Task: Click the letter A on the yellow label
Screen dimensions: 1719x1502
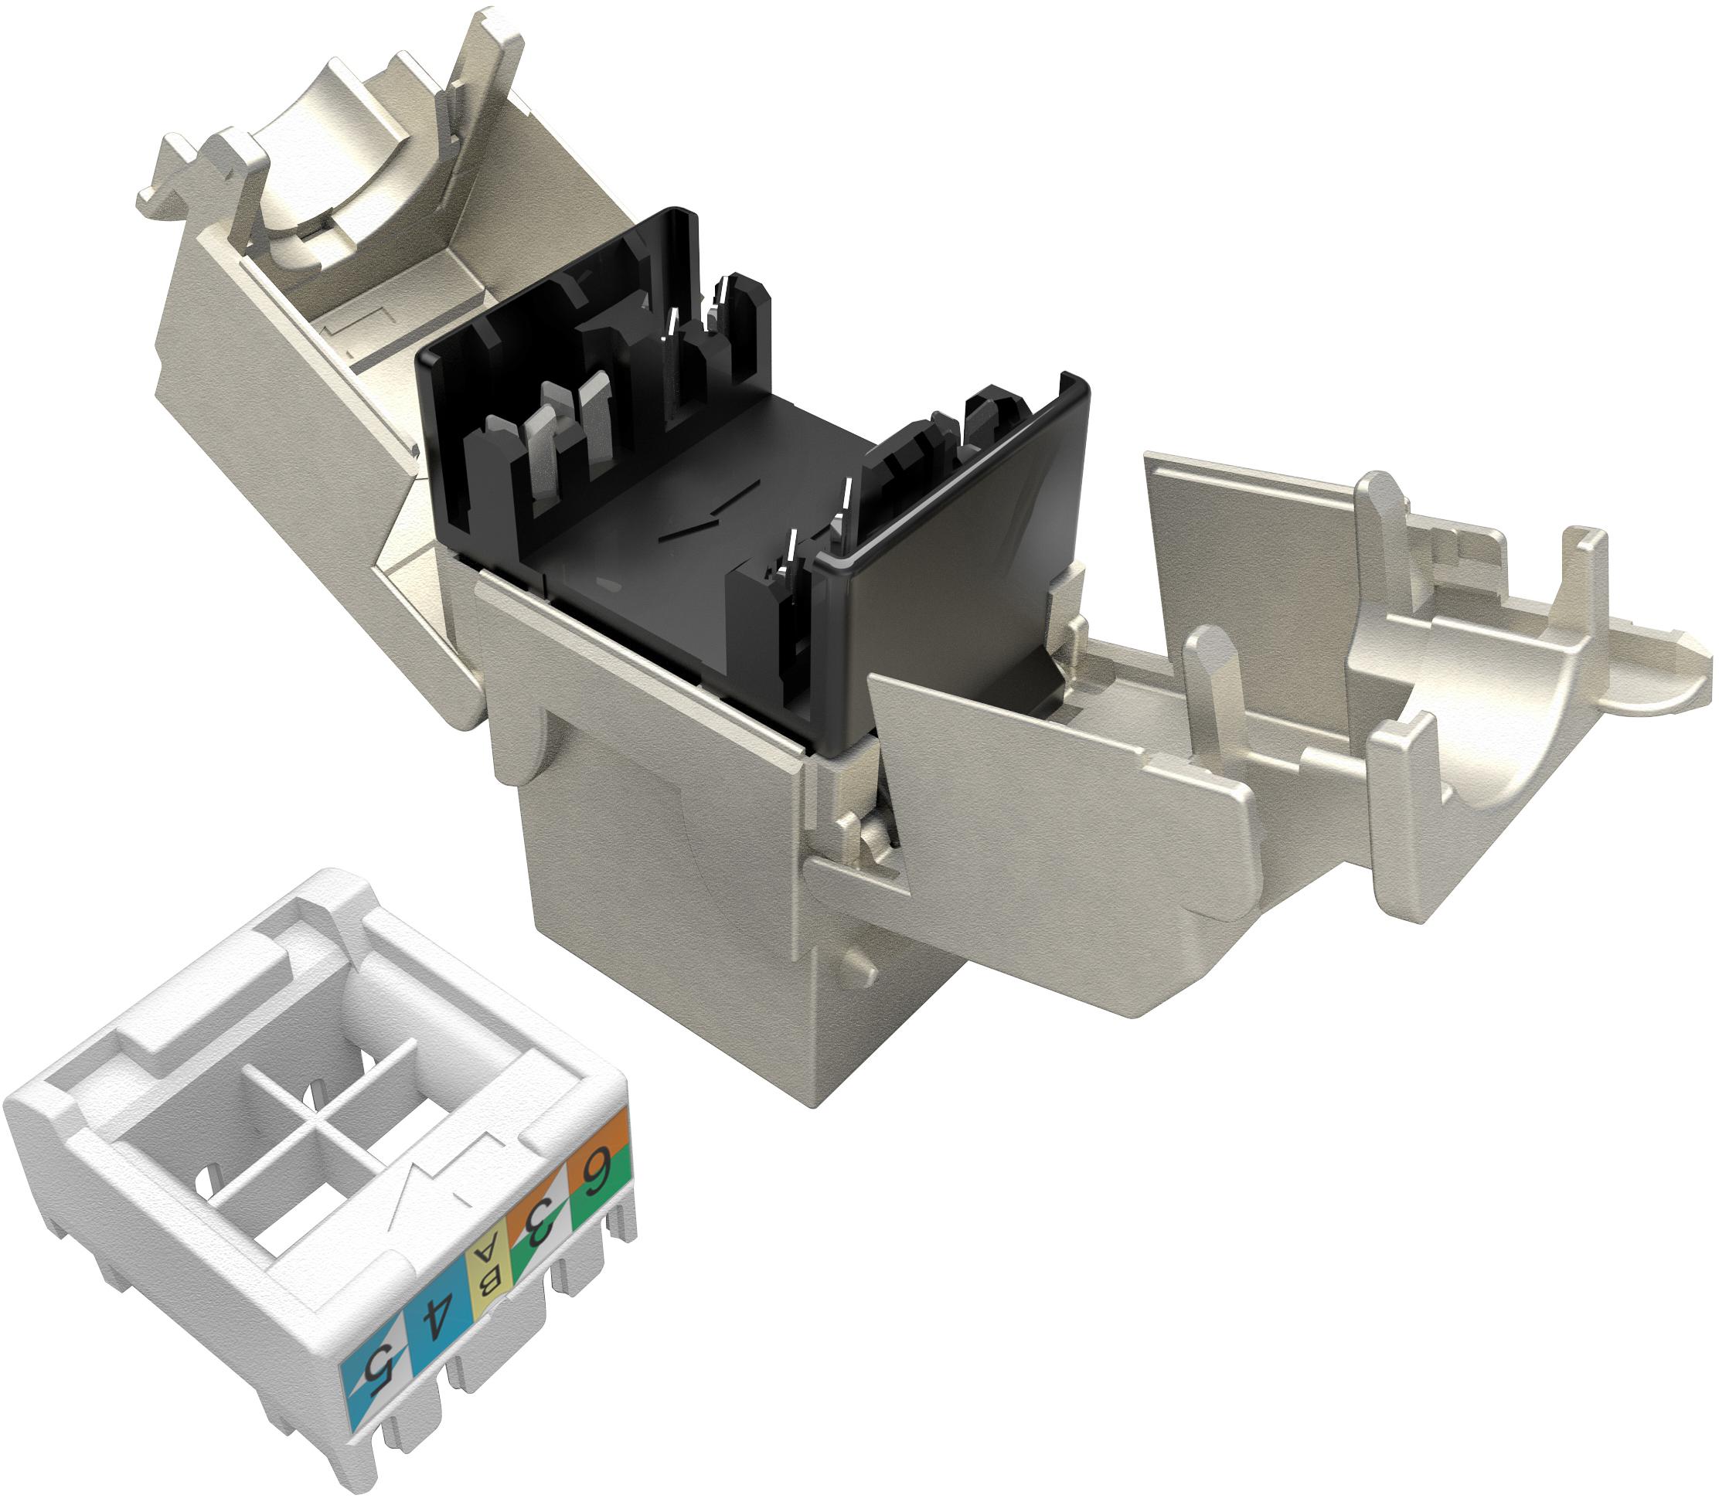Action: point(485,1257)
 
